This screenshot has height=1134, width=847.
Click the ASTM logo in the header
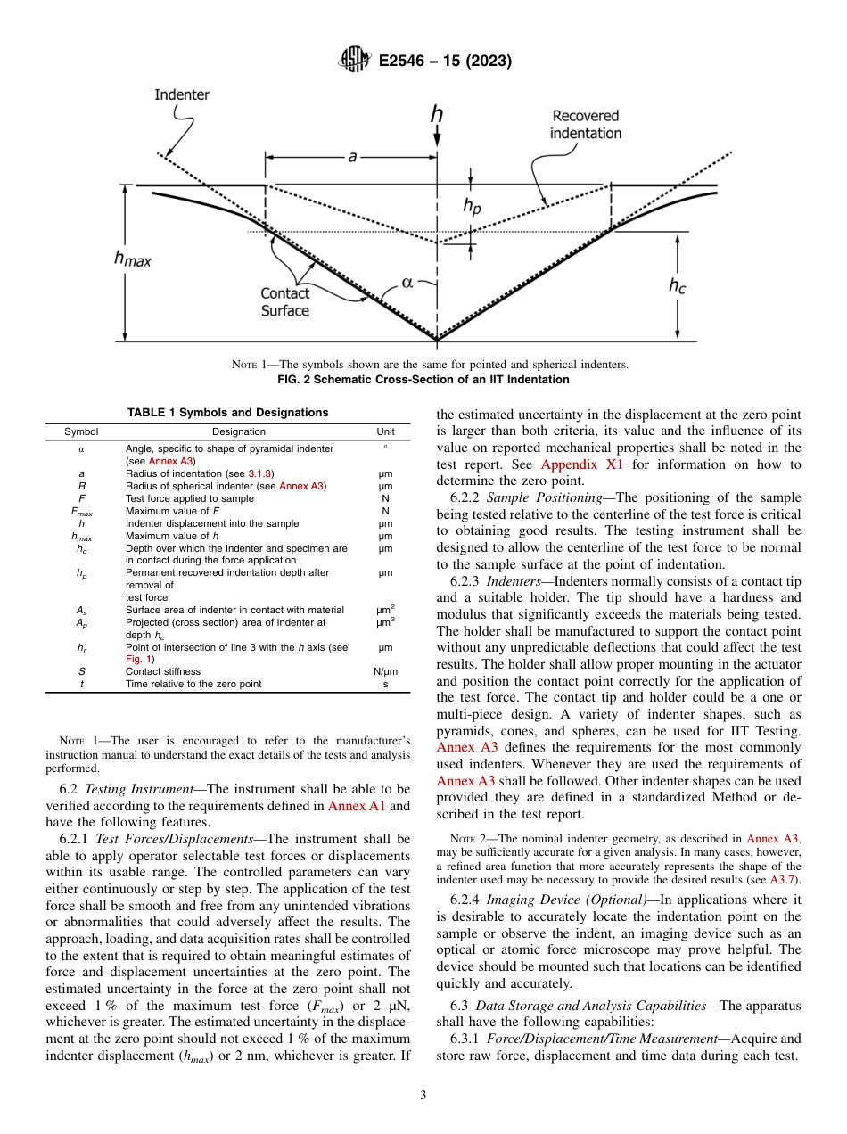point(355,62)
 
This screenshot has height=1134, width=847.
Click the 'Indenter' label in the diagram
point(182,94)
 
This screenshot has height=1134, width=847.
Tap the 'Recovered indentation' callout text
point(585,124)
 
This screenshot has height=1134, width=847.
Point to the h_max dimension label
point(131,259)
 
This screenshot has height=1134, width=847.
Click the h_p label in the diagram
point(472,206)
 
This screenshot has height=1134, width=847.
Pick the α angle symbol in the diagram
point(407,282)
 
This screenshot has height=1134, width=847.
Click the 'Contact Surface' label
point(285,302)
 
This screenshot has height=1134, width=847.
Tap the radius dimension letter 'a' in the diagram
point(352,157)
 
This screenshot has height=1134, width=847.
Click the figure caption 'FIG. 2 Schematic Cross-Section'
point(423,380)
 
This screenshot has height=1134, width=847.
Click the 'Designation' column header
point(226,431)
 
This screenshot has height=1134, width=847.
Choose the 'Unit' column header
point(386,431)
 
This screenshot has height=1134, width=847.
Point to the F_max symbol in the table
point(81,511)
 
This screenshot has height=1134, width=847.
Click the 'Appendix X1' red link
point(583,464)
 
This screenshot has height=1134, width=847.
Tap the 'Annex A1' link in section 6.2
point(356,807)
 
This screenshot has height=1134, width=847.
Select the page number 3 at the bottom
point(423,1096)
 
